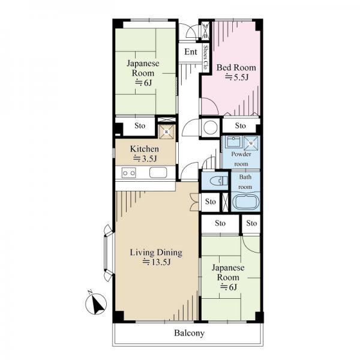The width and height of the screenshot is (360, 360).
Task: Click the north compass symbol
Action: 96,304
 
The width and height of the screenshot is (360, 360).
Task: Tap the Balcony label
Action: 189,333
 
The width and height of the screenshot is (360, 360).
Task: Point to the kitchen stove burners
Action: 128,173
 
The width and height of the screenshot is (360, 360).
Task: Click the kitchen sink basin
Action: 158,173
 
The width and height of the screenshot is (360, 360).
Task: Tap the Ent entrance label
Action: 191,52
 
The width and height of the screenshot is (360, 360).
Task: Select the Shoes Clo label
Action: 205,57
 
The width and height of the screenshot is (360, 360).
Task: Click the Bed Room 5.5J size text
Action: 236,77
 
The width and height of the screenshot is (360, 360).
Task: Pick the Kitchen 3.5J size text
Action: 145,158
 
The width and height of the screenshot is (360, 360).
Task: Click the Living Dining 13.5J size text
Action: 156,262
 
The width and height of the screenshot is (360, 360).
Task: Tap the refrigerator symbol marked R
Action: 167,132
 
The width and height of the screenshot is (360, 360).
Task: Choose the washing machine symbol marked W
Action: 251,143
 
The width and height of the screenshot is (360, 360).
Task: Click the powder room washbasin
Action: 233,142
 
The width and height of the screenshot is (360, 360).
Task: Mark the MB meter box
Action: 206,31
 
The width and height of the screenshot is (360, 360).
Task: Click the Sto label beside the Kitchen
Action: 140,125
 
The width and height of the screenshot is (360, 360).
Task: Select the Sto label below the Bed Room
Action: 241,125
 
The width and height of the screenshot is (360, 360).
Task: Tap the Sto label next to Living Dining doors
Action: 211,202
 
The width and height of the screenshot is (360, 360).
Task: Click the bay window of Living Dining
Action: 109,253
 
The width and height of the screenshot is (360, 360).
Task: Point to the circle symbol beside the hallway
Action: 211,128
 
